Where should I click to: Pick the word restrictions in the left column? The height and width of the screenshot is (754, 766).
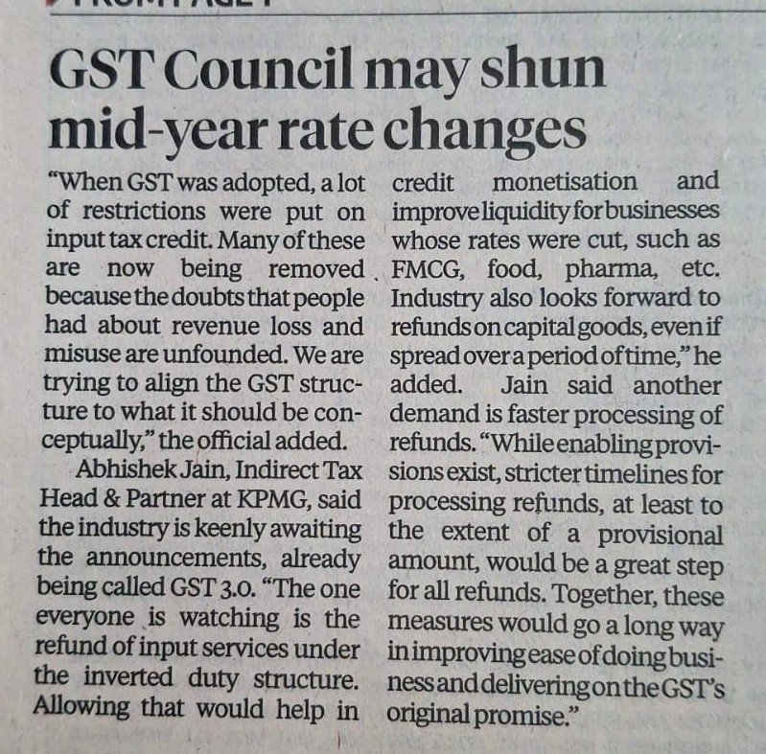[x=144, y=212]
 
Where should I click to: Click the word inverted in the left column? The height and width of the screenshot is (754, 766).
[x=128, y=676]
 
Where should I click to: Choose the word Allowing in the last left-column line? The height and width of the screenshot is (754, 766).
[x=81, y=708]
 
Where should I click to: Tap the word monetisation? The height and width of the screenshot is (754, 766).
[x=565, y=182]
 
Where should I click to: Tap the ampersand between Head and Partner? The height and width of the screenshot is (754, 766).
[x=112, y=498]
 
